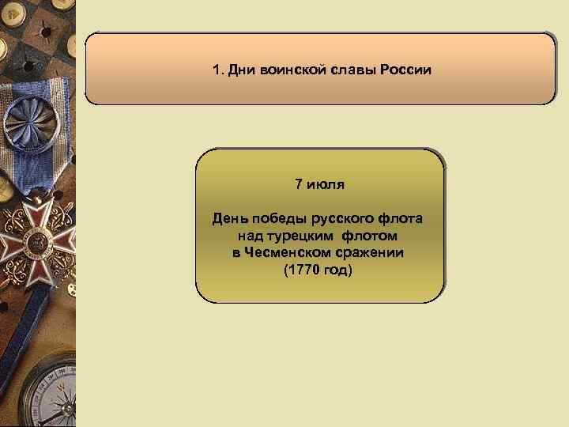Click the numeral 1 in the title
[x=216, y=70]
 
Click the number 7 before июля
[x=299, y=184]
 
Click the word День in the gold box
[x=231, y=217]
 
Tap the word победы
[x=278, y=217]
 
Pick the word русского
[x=341, y=217]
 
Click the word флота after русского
[x=399, y=217]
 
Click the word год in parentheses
[x=339, y=270]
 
